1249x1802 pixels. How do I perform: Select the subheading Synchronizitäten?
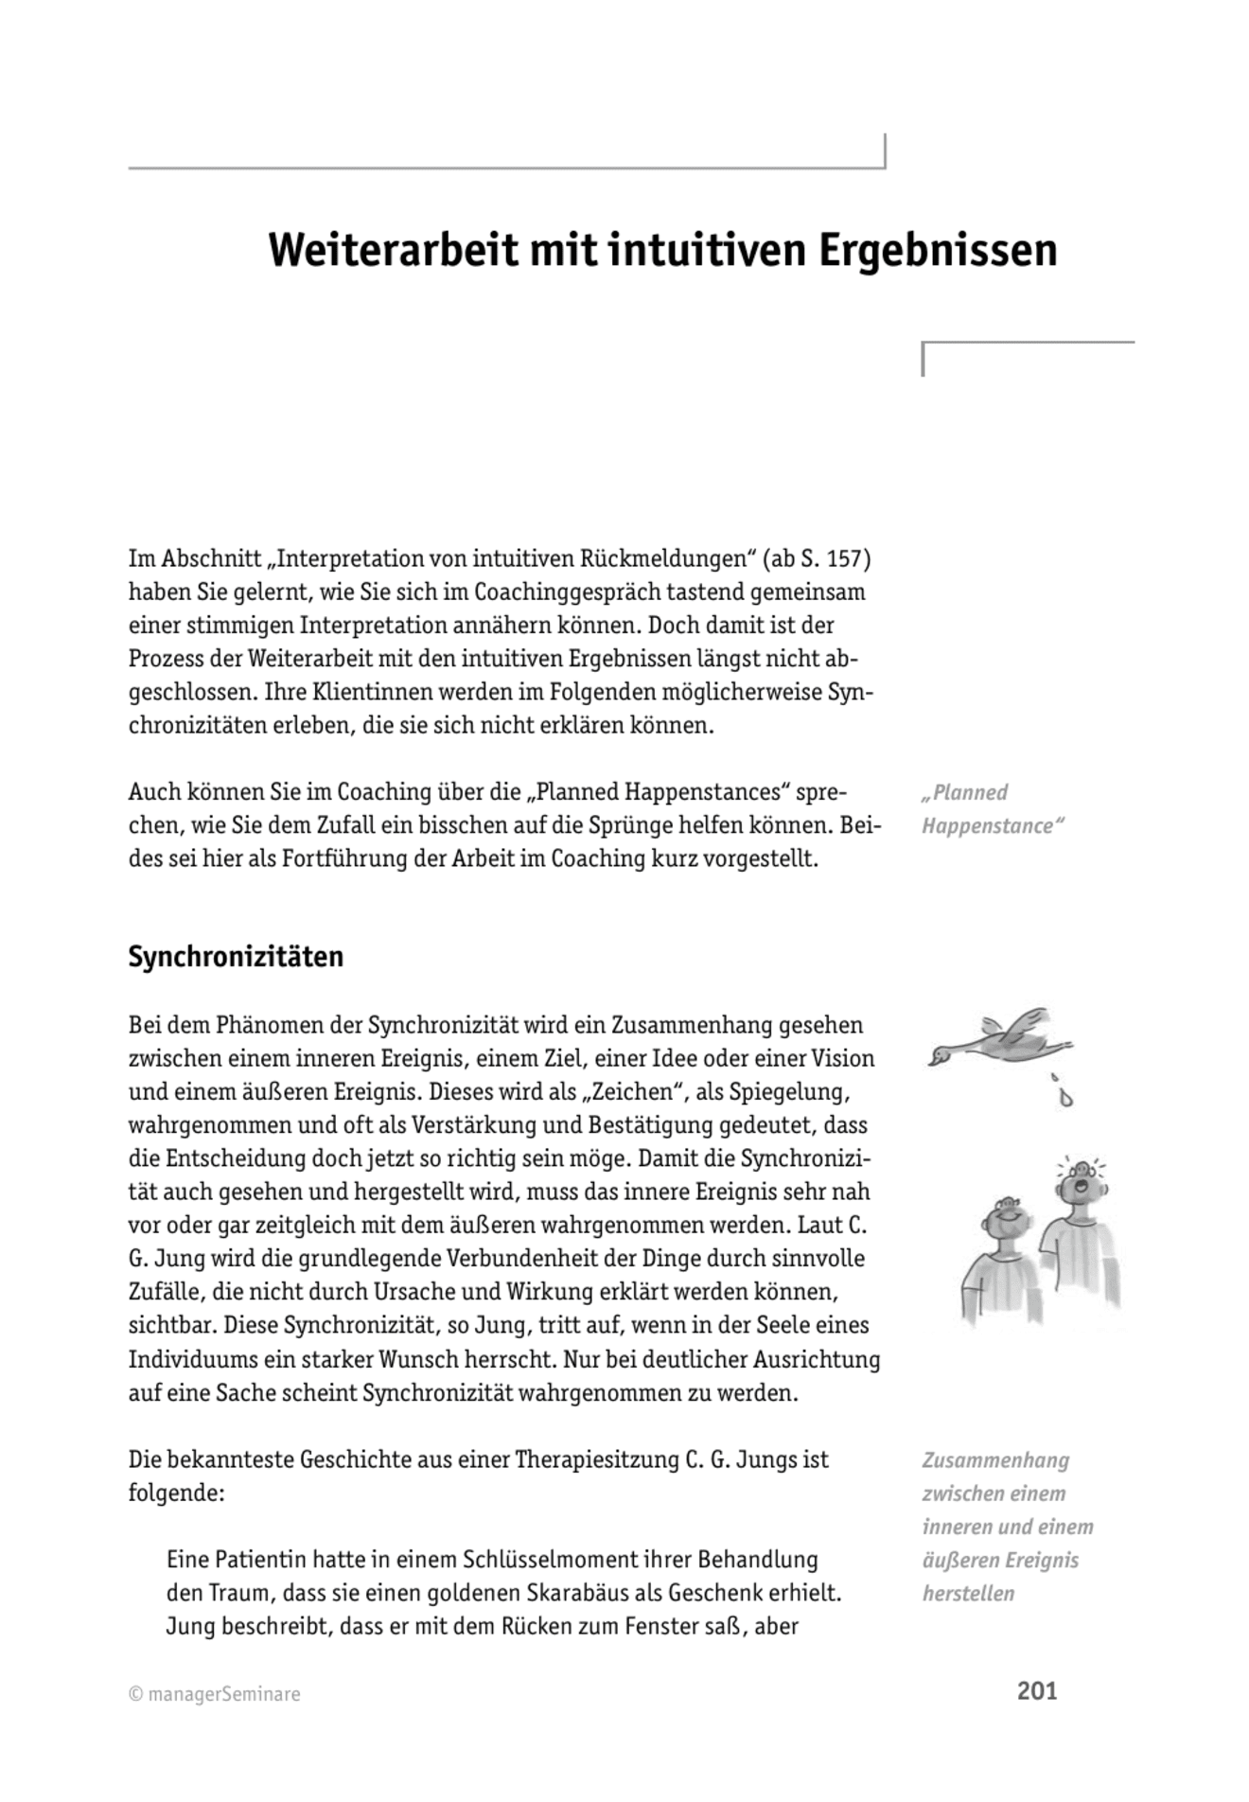[236, 957]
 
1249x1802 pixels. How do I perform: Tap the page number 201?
[1036, 1690]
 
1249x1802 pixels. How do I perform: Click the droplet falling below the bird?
[1066, 1098]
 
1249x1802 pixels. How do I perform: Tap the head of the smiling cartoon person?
[1004, 1217]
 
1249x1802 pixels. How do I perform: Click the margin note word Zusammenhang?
[995, 1460]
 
